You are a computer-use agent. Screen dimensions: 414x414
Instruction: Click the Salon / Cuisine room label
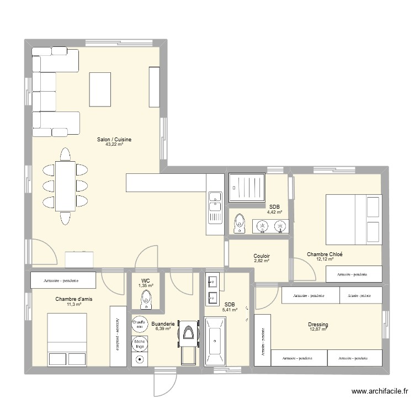pos(114,140)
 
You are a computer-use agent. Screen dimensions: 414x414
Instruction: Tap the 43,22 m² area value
pos(114,145)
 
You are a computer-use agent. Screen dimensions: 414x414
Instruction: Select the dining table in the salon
pos(65,186)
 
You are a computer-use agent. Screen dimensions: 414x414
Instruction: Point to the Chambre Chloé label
pos(325,254)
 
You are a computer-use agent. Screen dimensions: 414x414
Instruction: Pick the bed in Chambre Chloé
pos(354,219)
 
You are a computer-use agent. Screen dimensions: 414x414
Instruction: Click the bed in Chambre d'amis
pos(67,339)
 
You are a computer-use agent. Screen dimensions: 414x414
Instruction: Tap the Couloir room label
pos(262,256)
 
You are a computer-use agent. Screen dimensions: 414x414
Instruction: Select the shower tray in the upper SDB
pos(247,189)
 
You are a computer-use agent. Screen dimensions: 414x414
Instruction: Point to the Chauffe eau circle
pos(139,324)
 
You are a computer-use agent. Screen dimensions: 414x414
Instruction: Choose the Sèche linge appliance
pos(139,343)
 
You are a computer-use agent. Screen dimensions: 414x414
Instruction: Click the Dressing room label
pos(319,325)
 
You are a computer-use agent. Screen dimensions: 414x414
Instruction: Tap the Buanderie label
pos(163,324)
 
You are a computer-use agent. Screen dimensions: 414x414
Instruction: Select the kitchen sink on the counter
pos(214,201)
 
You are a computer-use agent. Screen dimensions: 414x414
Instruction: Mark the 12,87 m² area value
pos(319,330)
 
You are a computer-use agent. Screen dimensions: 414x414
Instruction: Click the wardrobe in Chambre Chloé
pos(354,274)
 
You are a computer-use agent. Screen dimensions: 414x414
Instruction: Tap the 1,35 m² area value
pos(146,285)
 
